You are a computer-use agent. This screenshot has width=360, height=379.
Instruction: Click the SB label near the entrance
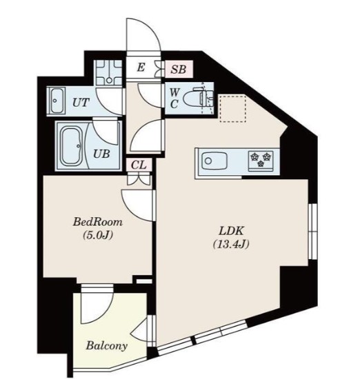coord(179,70)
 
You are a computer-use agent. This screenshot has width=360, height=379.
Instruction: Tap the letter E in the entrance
coord(141,68)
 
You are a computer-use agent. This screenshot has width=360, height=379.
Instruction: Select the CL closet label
coord(139,165)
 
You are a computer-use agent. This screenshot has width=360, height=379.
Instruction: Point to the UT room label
coord(81,103)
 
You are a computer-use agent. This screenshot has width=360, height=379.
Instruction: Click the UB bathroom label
coord(101,154)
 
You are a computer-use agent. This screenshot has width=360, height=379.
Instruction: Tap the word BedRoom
coord(98,222)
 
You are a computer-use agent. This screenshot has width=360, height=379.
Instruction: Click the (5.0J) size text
coord(98,235)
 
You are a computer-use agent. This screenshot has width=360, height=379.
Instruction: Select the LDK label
coord(231,231)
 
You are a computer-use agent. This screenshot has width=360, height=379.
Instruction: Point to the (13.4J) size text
coord(231,245)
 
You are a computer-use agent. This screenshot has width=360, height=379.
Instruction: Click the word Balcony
coord(107,346)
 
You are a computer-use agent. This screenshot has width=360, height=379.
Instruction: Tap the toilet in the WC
coord(198,99)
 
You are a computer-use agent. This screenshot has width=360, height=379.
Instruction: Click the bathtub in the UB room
coord(72,146)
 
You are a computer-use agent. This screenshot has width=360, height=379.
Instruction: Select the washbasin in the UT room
coord(57,101)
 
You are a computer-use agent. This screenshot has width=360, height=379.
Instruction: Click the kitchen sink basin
coord(214,161)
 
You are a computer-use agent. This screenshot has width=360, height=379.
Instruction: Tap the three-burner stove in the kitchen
coord(261,161)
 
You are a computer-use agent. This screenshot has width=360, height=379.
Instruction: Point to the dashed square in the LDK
coord(232,108)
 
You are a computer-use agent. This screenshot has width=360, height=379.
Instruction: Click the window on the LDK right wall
coord(313,232)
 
